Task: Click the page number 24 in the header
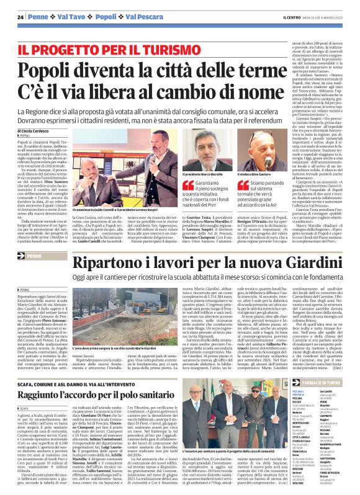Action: (20, 16)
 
